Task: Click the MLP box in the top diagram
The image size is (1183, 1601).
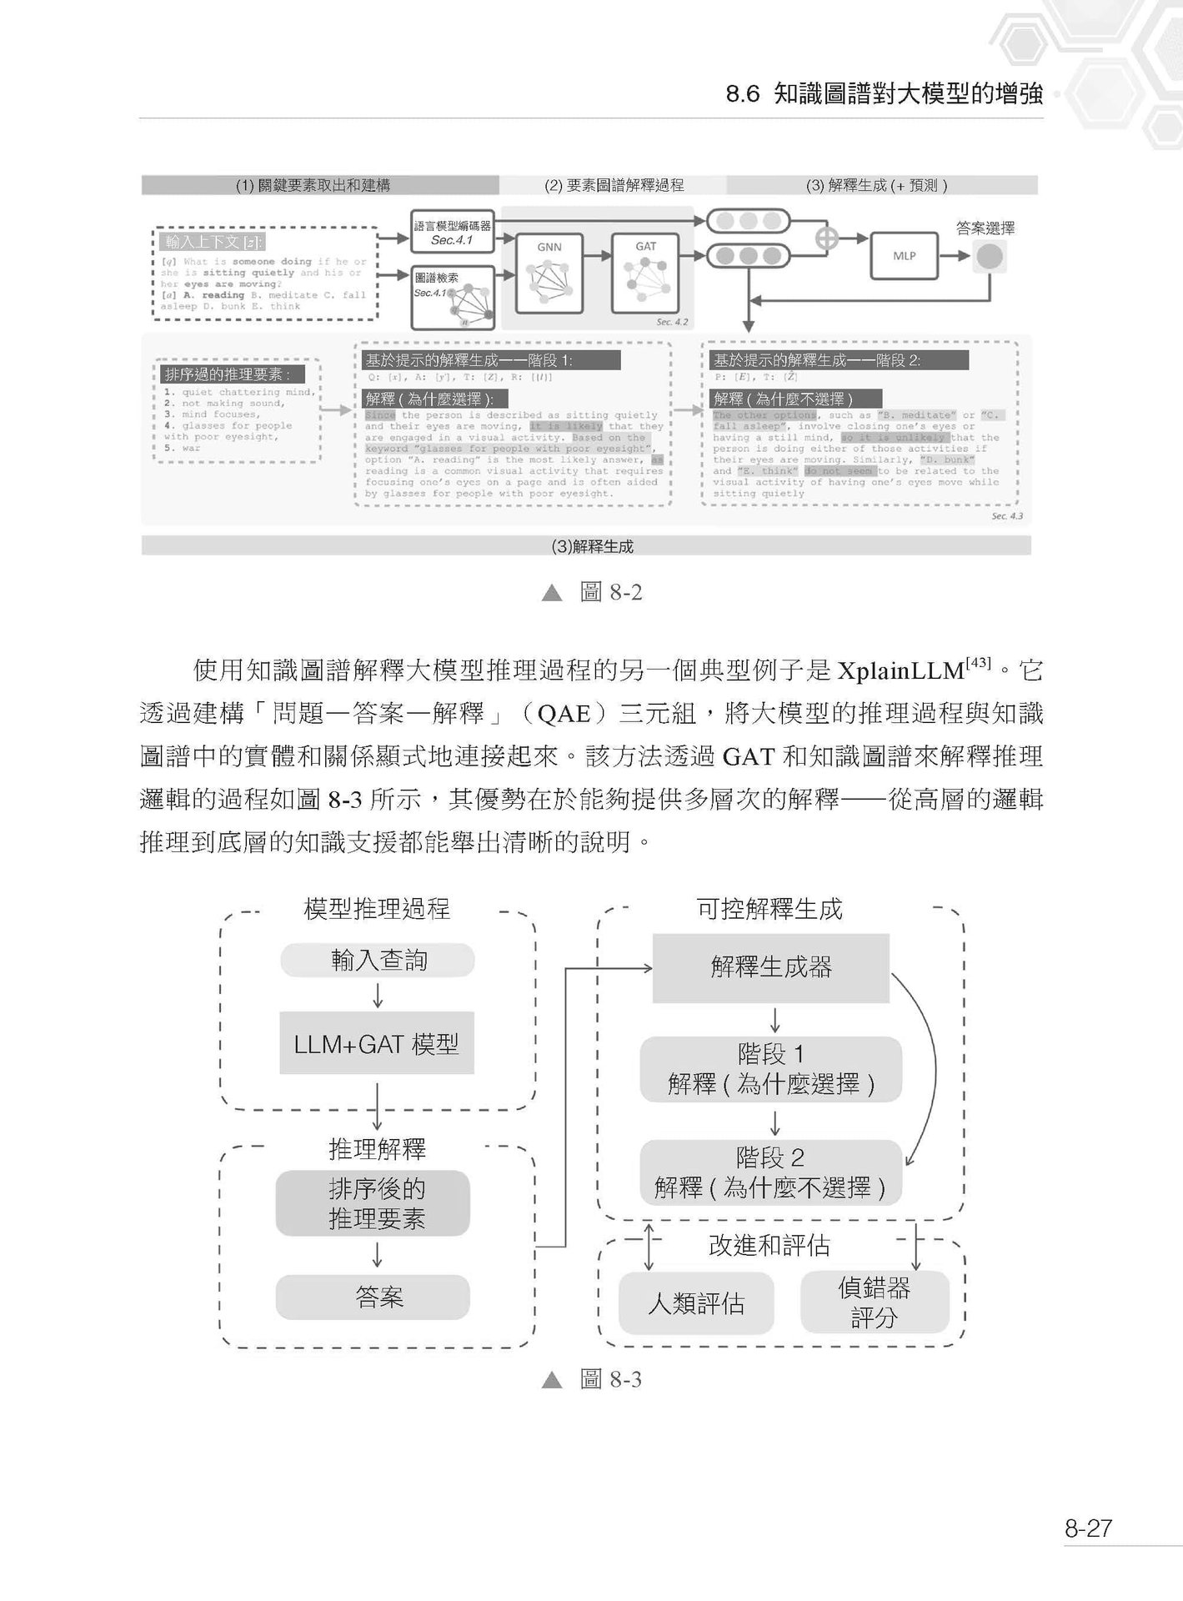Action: [x=904, y=255]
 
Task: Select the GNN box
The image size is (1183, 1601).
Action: [x=549, y=272]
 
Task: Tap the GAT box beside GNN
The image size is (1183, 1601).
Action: [x=646, y=272]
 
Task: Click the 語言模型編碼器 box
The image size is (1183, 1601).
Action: [x=453, y=232]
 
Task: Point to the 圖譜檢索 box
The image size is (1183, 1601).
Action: [x=453, y=297]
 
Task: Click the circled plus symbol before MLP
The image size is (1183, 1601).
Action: [x=826, y=238]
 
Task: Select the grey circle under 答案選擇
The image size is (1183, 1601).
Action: [x=990, y=256]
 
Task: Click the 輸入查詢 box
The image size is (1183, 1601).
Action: [x=378, y=961]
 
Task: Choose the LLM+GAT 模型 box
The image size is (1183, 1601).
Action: [x=377, y=1043]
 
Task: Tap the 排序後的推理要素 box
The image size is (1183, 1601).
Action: [x=373, y=1203]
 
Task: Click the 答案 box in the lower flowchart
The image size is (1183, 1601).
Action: [x=373, y=1297]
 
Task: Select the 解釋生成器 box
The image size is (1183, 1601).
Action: [x=770, y=967]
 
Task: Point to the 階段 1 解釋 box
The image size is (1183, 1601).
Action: [x=770, y=1070]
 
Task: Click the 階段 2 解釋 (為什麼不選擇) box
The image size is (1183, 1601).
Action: [x=770, y=1172]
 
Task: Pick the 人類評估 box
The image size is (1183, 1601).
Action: [x=696, y=1303]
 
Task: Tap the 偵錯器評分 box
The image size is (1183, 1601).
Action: [x=874, y=1302]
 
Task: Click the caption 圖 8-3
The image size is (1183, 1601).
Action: [x=610, y=1380]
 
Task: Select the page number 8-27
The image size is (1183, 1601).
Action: [x=1087, y=1528]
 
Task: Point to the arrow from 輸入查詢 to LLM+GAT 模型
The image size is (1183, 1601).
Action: [x=378, y=995]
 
